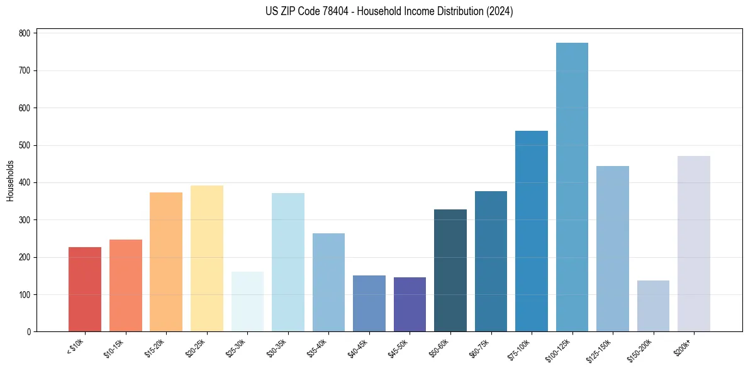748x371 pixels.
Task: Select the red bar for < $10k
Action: click(85, 289)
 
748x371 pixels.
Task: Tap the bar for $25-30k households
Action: click(247, 302)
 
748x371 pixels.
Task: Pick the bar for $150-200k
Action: click(653, 306)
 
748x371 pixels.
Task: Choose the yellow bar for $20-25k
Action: click(207, 258)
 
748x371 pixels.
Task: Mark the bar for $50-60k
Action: click(450, 270)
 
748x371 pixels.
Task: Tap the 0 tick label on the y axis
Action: click(30, 332)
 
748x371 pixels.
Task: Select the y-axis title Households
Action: click(10, 181)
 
